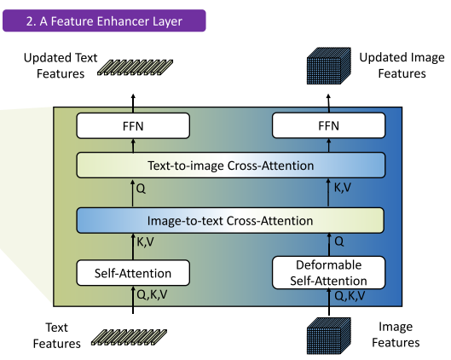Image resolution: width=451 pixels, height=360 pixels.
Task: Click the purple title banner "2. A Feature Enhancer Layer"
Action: coord(104,20)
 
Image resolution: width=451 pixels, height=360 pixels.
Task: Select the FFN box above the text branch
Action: coord(133,125)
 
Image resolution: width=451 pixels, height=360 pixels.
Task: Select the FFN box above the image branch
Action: coord(328,125)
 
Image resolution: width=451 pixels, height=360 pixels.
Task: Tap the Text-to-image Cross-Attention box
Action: coord(231,165)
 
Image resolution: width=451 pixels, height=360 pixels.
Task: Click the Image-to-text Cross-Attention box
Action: coord(230,220)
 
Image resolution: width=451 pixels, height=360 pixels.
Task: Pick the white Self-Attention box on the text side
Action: coord(133,273)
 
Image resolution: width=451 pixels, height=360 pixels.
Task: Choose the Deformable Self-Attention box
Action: coord(328,272)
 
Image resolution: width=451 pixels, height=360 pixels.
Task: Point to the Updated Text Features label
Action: coord(61,66)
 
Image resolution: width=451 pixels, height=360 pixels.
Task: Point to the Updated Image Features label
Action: coord(402,66)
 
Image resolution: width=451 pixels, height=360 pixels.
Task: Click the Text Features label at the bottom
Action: coord(56,335)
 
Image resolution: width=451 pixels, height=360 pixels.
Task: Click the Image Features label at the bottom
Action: coord(396,334)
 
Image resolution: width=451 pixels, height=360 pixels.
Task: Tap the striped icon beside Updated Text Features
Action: coord(136,67)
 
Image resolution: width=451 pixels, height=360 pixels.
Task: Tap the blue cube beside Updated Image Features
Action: coord(329,66)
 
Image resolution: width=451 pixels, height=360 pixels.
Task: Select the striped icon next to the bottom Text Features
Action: coord(129,337)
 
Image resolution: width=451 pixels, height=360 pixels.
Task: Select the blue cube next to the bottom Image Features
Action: coord(329,336)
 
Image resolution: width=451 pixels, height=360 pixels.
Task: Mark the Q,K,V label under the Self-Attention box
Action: coord(152,294)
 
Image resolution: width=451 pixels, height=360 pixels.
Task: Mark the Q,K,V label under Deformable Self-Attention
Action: coord(350,296)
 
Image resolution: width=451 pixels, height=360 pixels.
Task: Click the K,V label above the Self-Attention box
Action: coord(145,242)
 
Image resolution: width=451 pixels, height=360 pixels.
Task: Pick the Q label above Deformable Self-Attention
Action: coord(339,241)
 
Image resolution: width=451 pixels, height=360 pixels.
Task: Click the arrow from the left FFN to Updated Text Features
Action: coord(133,103)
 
